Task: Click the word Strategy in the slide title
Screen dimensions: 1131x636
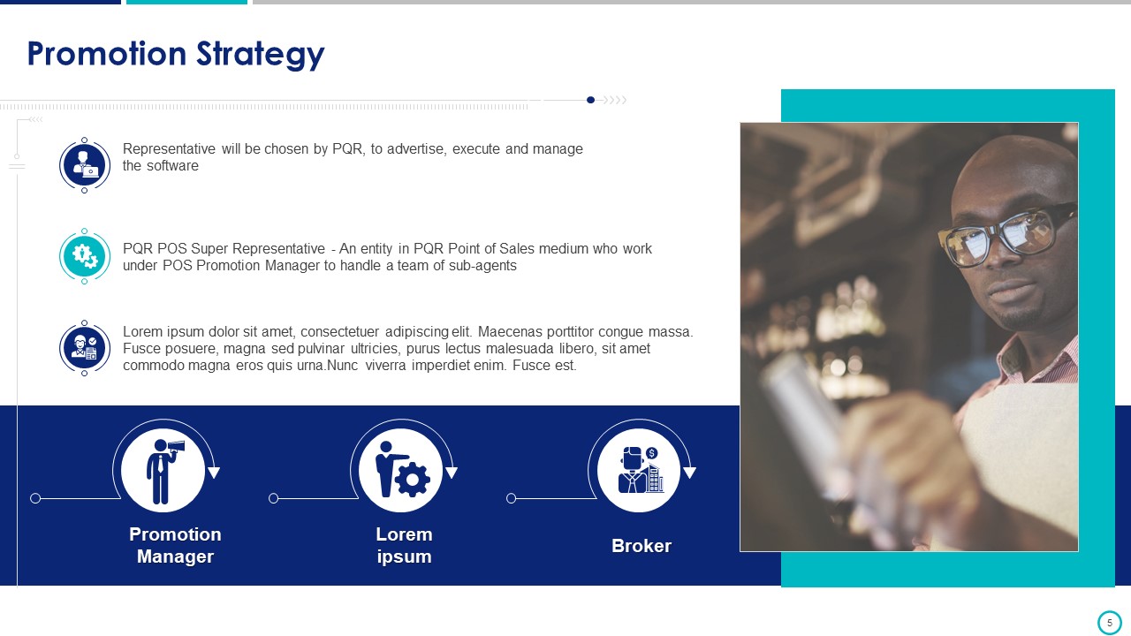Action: [x=260, y=55]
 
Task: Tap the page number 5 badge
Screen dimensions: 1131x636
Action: [x=1109, y=623]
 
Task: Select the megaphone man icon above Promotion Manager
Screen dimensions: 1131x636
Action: [x=163, y=471]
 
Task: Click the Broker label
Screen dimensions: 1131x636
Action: [x=641, y=546]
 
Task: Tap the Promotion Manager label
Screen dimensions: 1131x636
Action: [x=175, y=545]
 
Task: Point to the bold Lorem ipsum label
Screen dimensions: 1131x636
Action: [x=404, y=545]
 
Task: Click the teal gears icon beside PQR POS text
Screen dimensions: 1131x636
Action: [x=84, y=256]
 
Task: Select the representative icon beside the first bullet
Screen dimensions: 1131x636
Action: [x=84, y=165]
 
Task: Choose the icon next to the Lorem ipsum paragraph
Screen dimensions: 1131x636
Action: [x=84, y=348]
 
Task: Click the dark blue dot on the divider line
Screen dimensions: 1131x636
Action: [x=590, y=100]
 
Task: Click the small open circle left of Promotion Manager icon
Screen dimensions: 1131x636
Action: [x=35, y=498]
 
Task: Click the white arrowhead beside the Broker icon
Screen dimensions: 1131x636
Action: [x=690, y=473]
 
